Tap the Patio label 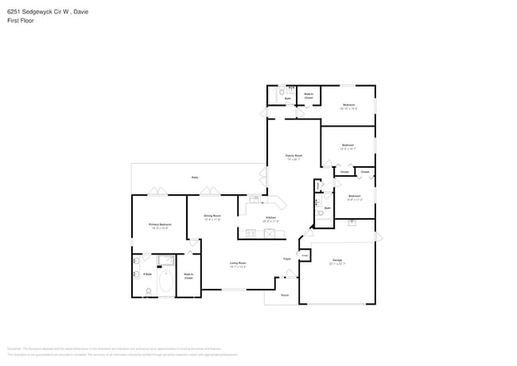(x=195, y=177)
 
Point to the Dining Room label (x=212, y=216)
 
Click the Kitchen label (x=270, y=218)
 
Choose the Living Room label (x=238, y=264)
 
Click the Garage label (x=337, y=261)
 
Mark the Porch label (x=285, y=295)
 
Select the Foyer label (x=286, y=259)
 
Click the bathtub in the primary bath (x=166, y=282)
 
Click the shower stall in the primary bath (x=166, y=260)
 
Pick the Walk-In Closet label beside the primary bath (x=189, y=276)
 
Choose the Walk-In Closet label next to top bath (x=309, y=96)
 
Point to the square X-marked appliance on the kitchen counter (x=270, y=233)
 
